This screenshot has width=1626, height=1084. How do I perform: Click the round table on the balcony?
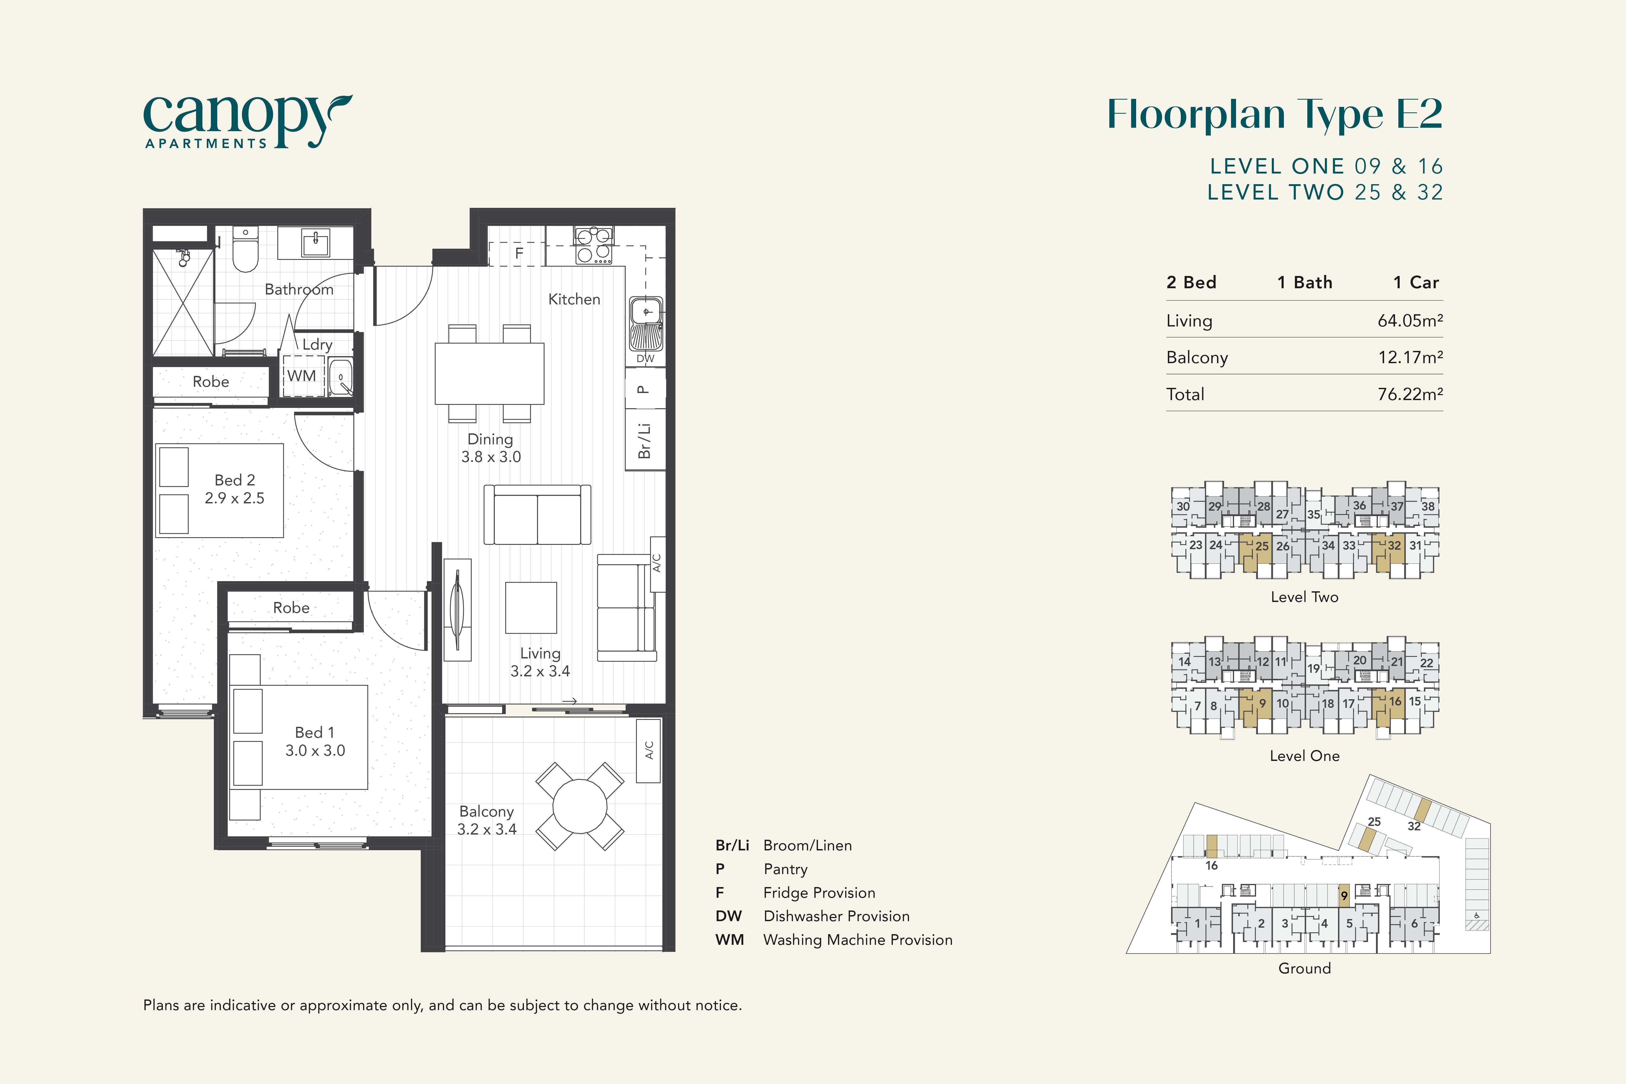pos(580,806)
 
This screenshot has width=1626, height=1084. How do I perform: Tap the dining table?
pos(489,373)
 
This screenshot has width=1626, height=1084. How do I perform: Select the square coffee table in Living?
pos(531,608)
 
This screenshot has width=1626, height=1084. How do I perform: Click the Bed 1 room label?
pos(315,732)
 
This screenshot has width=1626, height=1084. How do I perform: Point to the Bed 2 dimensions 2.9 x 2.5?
pos(234,498)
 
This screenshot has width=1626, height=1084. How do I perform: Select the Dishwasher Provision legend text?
pos(836,916)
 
